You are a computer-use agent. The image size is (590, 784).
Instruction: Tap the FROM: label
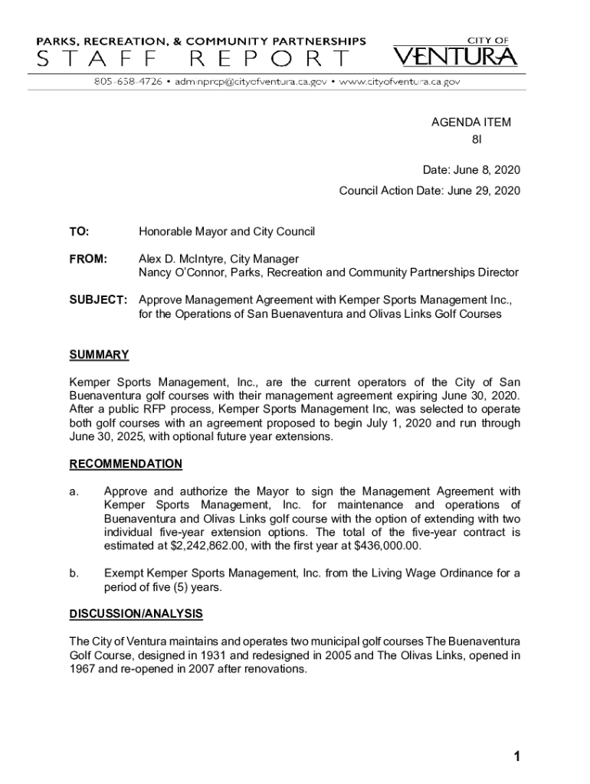(x=88, y=259)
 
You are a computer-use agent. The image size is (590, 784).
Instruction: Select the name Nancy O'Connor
(x=182, y=273)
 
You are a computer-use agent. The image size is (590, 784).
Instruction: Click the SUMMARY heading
(x=99, y=355)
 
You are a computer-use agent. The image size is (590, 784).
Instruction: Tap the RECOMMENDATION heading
(x=126, y=464)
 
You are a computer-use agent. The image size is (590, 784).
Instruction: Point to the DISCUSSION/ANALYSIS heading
(x=136, y=613)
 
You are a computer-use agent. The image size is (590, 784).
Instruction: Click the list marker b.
(x=74, y=573)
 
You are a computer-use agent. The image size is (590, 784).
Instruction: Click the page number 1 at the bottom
(x=517, y=757)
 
